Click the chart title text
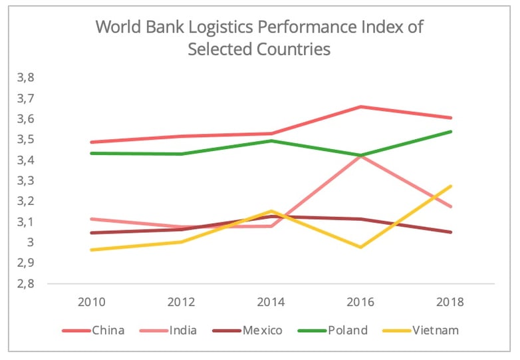(259, 38)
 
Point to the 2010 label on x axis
(90, 301)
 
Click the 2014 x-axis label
(271, 301)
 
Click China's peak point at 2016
(360, 106)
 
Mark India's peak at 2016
(360, 155)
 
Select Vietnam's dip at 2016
(360, 248)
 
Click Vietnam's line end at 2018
(451, 186)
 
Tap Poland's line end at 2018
(451, 132)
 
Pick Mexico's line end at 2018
(451, 232)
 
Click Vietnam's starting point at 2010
(91, 250)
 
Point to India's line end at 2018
(451, 207)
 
